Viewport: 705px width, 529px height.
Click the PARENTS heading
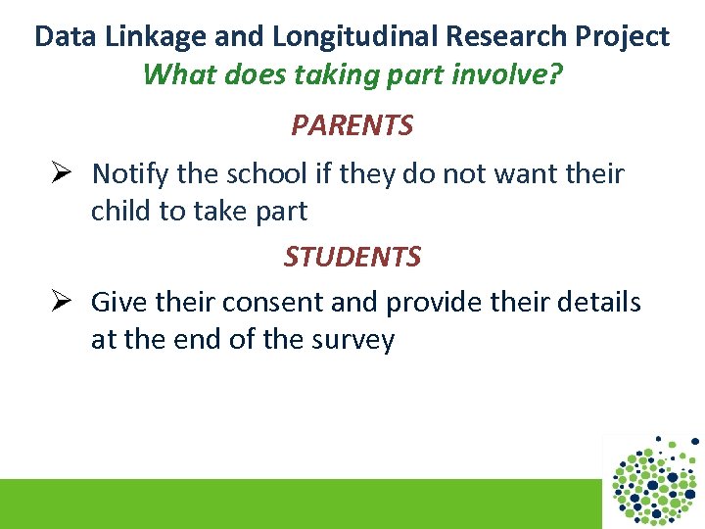(352, 125)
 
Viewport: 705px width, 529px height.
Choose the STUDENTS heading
(352, 257)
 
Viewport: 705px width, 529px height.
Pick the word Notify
(130, 174)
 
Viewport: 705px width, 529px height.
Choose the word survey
(352, 340)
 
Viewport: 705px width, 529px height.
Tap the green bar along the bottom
(294, 504)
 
